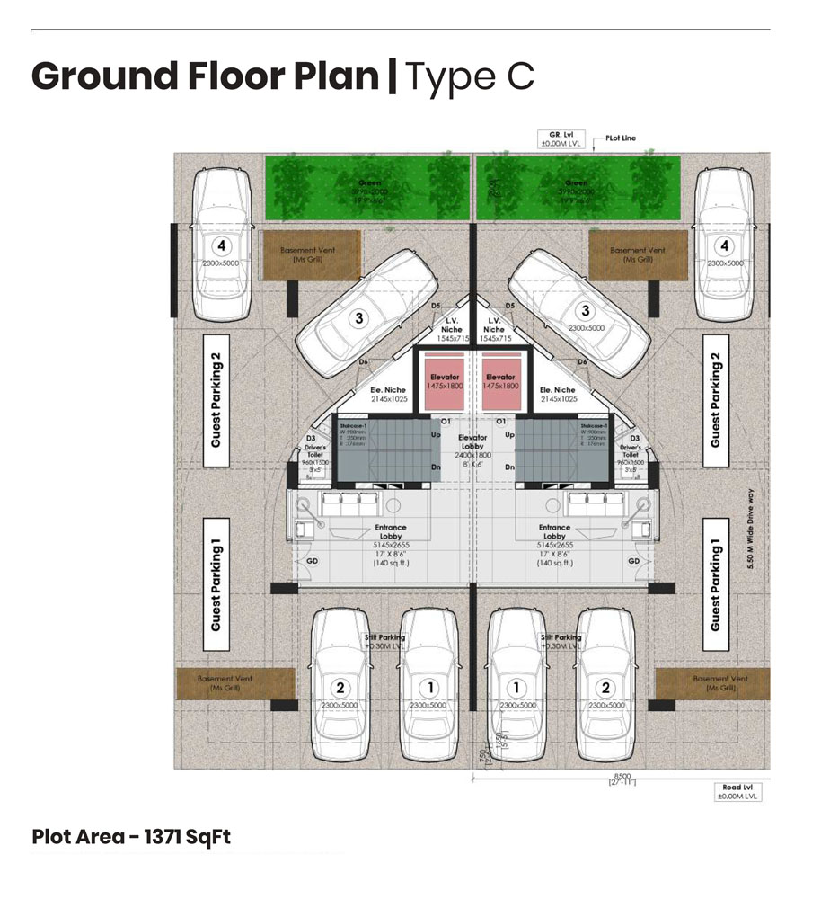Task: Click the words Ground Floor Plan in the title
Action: pos(205,76)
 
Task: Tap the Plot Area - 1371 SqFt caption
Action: pos(131,837)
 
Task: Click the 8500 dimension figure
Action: pos(620,777)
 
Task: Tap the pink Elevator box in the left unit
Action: pos(445,383)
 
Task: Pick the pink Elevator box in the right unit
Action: pos(500,383)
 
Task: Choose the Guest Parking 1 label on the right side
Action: pos(715,584)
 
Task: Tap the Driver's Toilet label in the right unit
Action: pos(631,447)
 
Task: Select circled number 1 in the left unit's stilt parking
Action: pos(429,688)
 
